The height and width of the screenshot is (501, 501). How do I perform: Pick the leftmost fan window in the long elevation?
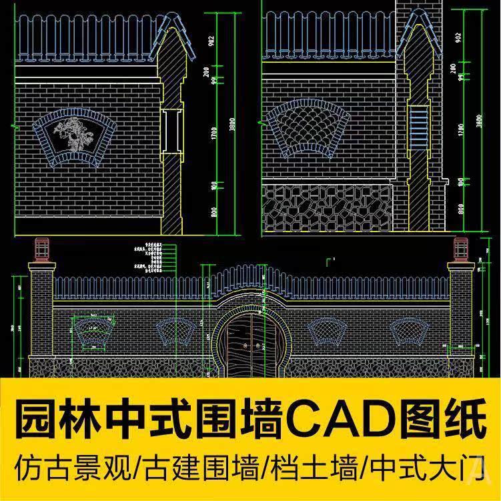tap(89, 332)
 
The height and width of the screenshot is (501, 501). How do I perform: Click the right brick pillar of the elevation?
tap(461, 314)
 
